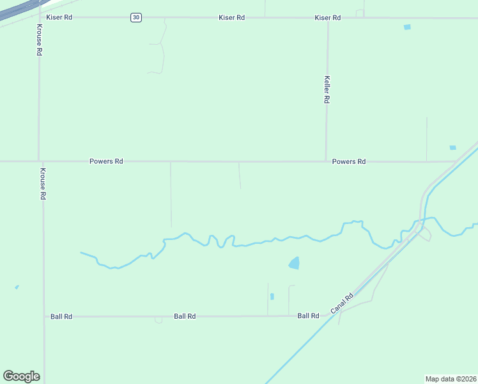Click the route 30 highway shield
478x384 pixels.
point(135,17)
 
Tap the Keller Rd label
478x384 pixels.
point(327,90)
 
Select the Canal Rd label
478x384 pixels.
point(343,304)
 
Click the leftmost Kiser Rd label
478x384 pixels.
point(59,17)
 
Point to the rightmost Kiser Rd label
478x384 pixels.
point(327,17)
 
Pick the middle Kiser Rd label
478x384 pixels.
point(231,17)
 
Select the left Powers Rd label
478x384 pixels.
point(106,162)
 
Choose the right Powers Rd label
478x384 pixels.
point(348,162)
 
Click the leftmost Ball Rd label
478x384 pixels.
point(61,316)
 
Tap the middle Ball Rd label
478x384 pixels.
point(185,316)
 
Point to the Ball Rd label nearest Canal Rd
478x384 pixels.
point(308,316)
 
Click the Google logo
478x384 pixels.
point(21,376)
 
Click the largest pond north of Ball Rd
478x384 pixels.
point(294,262)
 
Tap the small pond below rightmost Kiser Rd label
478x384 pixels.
point(407,27)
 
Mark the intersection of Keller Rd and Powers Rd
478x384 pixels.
point(326,161)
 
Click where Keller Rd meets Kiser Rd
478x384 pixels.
point(328,18)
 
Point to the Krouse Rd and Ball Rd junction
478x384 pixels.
point(44,316)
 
